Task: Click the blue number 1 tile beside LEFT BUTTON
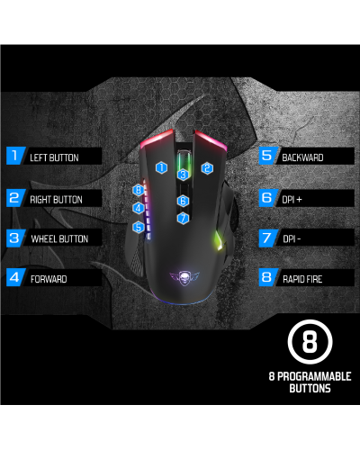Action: [x=15, y=156]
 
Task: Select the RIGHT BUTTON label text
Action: [x=56, y=200]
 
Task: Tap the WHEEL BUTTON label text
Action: [x=59, y=238]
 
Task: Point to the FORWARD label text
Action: [x=49, y=279]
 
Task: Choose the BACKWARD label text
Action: [x=302, y=157]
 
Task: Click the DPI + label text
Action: [x=292, y=200]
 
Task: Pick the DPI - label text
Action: [x=292, y=238]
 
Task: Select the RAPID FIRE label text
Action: [x=302, y=279]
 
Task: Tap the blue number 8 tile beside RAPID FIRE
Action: [x=267, y=277]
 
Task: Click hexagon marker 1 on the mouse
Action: [x=161, y=167]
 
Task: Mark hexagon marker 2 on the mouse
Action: [x=207, y=168]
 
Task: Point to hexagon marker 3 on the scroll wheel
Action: [x=183, y=175]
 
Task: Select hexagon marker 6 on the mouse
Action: [x=183, y=201]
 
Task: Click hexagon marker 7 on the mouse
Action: [x=183, y=218]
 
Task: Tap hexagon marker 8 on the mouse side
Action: [x=139, y=190]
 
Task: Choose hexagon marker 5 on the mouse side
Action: [x=139, y=227]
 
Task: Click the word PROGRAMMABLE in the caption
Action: [x=314, y=376]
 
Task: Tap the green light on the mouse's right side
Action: [x=219, y=241]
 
